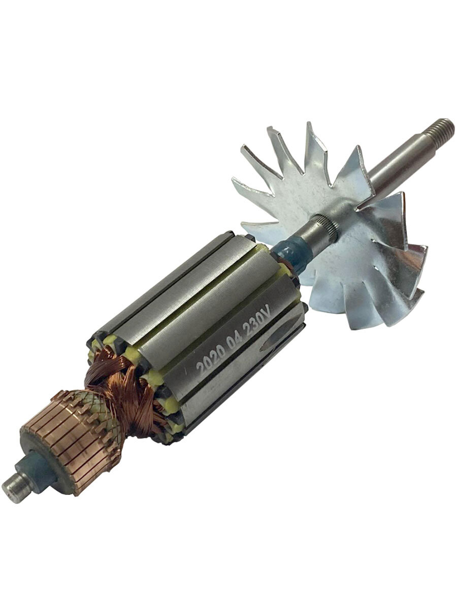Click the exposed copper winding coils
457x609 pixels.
coord(122,388)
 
